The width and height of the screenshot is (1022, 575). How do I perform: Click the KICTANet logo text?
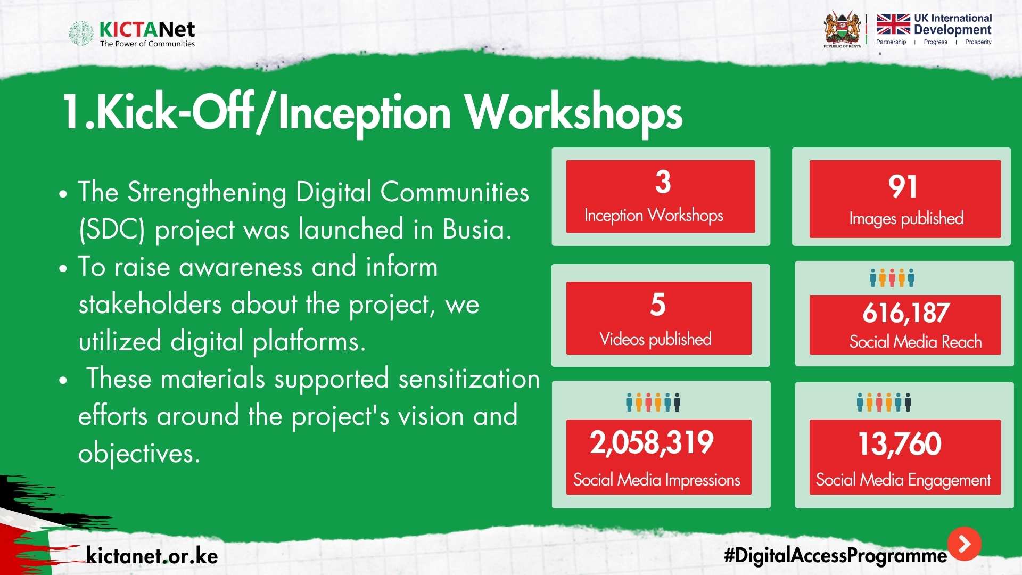pos(147,29)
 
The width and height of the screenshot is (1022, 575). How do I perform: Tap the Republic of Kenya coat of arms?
pos(842,29)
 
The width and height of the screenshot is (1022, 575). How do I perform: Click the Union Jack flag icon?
pos(893,24)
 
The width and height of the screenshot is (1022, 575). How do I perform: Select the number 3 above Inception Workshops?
pos(663,182)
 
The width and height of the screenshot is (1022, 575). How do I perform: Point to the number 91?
pos(903,187)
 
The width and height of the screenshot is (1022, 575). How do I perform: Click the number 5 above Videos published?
pos(658,305)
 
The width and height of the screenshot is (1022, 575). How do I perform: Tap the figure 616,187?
pos(906,313)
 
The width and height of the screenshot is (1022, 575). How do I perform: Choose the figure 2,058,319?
pos(652,442)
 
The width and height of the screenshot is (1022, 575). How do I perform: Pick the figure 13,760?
pos(900,444)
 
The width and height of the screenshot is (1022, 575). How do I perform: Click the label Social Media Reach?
pos(916,341)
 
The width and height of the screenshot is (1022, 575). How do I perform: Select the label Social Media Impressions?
pos(657,480)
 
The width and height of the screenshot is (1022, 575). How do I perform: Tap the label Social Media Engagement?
pos(903,480)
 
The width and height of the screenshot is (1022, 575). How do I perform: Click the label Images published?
pos(906,218)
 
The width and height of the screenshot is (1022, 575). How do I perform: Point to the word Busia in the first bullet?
pos(477,229)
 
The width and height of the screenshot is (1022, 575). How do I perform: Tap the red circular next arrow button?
pos(964,544)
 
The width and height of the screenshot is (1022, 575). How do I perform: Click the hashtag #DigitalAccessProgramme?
pos(836,556)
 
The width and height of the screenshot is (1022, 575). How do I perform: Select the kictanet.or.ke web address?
pos(152,556)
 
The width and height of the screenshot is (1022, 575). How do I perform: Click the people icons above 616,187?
pos(892,278)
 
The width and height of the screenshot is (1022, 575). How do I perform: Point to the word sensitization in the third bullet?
pos(469,379)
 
